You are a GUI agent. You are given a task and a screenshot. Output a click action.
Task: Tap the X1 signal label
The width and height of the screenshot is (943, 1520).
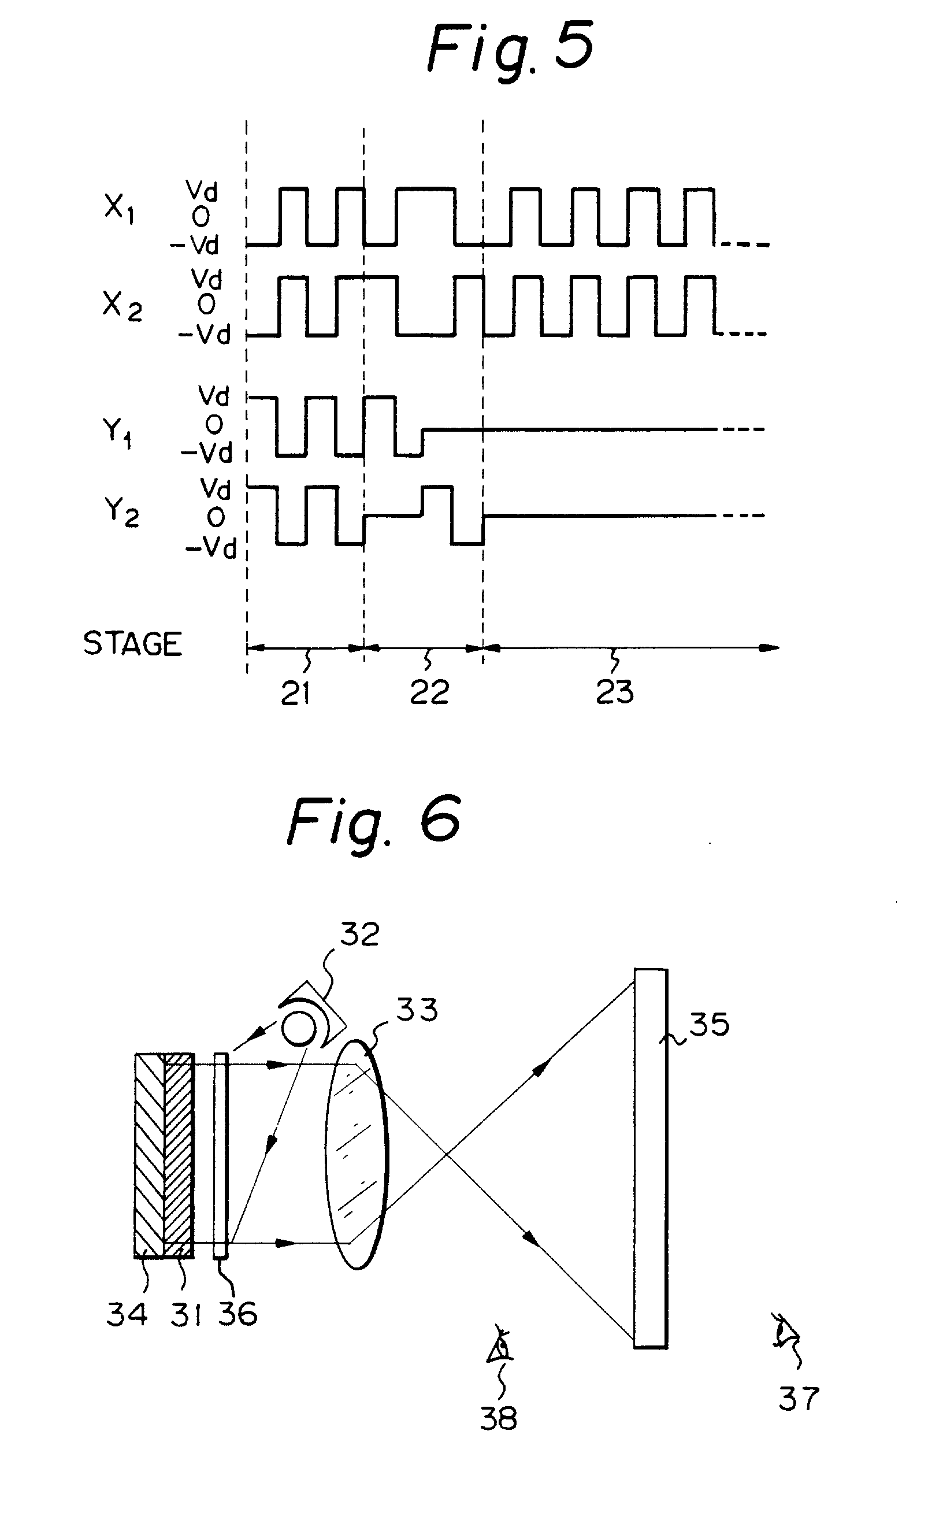click(118, 210)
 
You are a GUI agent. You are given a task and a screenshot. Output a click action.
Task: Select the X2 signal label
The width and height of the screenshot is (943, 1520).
click(122, 306)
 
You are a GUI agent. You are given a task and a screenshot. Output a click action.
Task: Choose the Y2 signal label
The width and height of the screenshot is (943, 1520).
click(121, 513)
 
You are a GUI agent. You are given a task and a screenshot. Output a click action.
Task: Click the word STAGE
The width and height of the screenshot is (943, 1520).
click(133, 644)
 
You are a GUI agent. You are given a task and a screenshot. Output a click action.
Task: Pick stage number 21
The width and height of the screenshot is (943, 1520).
click(296, 693)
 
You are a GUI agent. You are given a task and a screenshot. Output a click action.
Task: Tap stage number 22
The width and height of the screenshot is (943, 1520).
click(429, 692)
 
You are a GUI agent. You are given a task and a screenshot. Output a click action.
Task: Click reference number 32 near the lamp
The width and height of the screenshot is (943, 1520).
click(359, 935)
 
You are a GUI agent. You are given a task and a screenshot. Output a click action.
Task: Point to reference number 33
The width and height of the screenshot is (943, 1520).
click(417, 1009)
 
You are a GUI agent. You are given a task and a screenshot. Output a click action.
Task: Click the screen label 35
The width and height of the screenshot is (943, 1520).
click(709, 1024)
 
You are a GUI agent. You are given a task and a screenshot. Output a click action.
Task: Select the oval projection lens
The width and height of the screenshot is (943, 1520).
click(357, 1154)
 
